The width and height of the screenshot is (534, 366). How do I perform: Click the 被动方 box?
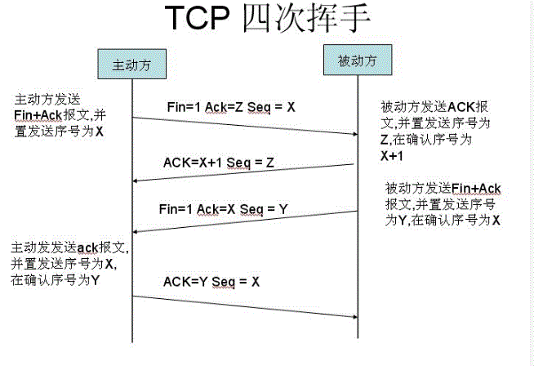358,60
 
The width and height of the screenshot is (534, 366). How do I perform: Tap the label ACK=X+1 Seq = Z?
219,162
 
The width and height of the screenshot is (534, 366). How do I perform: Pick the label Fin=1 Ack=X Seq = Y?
223,209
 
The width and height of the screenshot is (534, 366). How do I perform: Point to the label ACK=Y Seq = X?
211,282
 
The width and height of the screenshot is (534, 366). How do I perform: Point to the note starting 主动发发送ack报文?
69,263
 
